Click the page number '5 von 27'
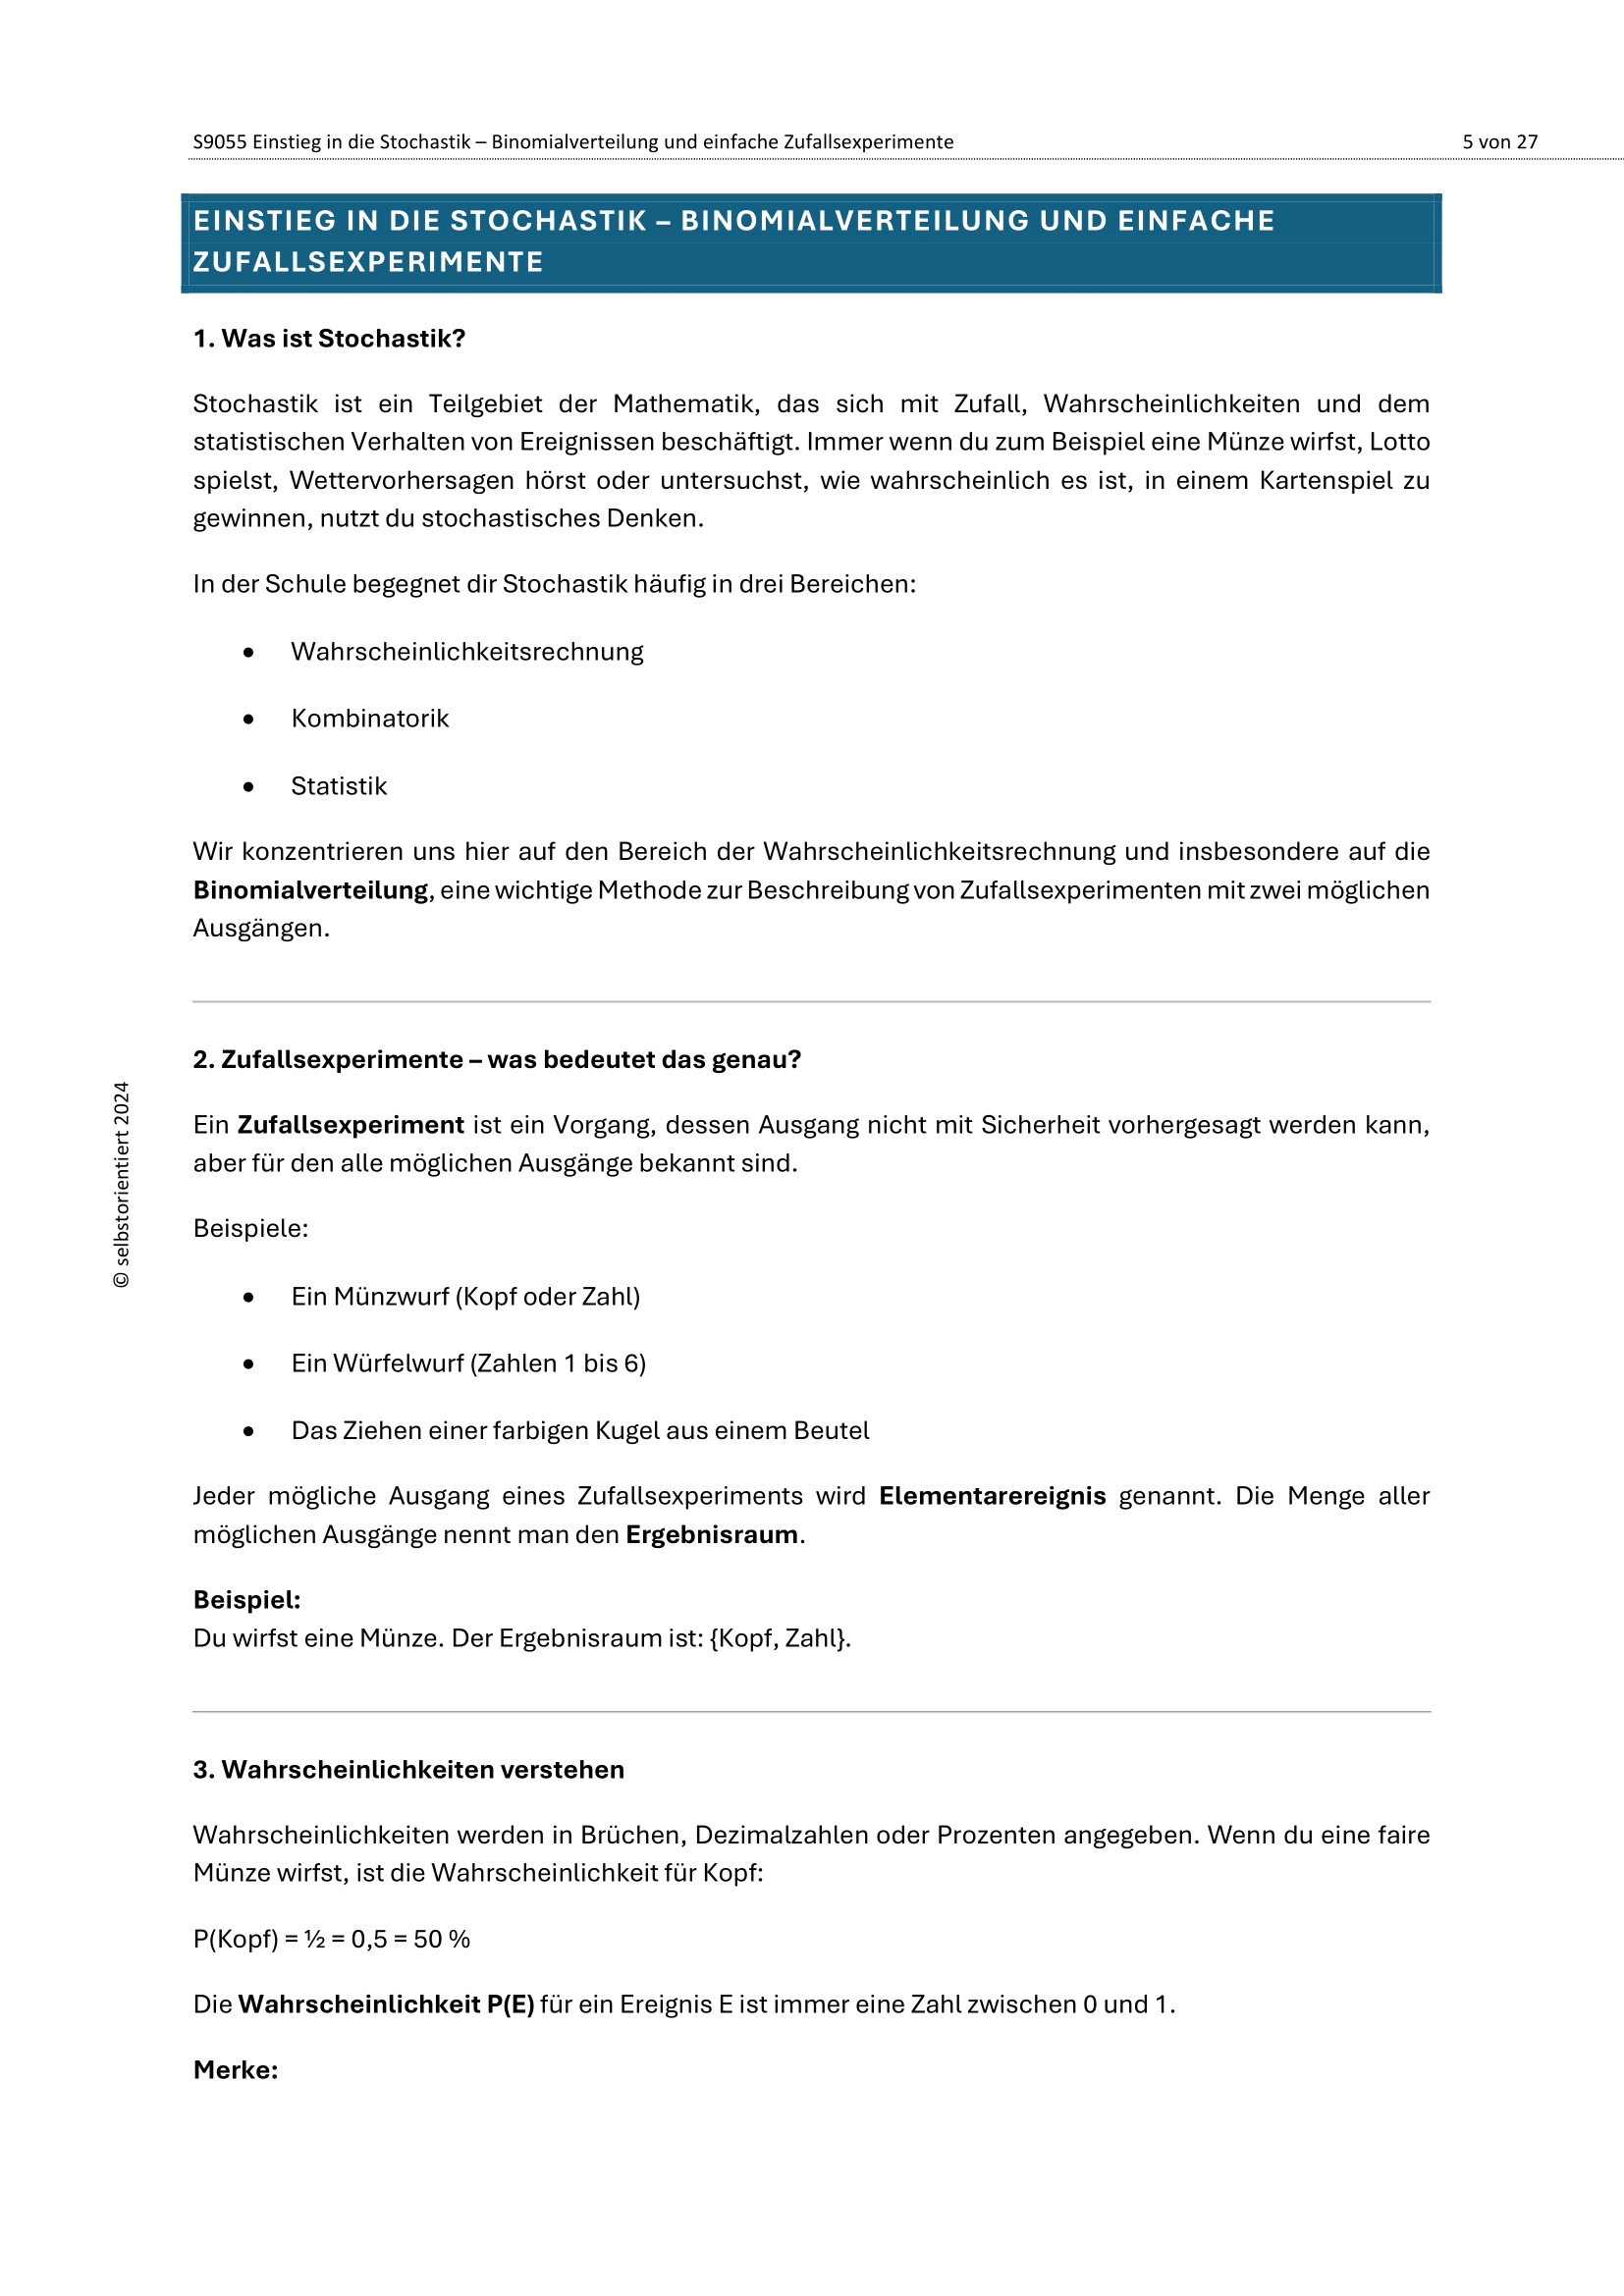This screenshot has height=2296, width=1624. (1499, 142)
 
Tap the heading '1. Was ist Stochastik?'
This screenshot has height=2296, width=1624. (329, 339)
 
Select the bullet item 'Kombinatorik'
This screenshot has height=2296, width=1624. (370, 718)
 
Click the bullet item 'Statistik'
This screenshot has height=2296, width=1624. (339, 786)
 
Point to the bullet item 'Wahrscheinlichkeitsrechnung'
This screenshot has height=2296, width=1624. (467, 652)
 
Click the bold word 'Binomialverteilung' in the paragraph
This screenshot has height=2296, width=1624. (310, 890)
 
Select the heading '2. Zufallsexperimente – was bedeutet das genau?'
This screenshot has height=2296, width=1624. (497, 1059)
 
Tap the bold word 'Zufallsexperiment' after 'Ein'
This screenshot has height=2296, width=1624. (350, 1125)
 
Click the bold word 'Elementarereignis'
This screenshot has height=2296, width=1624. (992, 1496)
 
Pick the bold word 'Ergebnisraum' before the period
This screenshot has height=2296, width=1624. (712, 1534)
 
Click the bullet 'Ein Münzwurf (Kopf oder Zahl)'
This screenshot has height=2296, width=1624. (465, 1296)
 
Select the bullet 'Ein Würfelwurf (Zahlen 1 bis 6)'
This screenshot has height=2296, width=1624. (468, 1363)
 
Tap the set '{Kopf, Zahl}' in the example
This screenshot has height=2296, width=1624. (779, 1638)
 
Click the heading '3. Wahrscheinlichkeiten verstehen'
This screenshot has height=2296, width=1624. (408, 1769)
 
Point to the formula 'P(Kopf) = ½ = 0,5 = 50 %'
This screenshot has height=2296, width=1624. (331, 1939)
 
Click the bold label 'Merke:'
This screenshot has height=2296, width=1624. (236, 2069)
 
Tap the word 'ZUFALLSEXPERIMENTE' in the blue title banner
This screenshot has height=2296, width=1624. (368, 262)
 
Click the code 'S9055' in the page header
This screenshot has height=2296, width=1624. (219, 142)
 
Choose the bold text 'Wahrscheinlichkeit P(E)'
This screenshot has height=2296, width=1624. (386, 2004)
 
